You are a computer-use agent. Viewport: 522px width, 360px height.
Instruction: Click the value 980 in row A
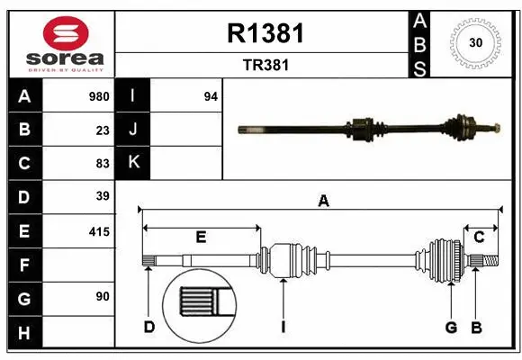99,96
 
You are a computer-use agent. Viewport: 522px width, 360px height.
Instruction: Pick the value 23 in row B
103,130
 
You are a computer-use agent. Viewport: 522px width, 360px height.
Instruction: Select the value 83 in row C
103,163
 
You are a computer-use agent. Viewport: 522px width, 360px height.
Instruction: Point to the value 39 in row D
103,196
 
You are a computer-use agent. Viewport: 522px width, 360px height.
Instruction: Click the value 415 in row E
99,231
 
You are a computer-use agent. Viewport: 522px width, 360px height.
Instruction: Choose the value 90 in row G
103,296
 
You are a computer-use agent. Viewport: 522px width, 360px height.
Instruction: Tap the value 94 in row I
211,96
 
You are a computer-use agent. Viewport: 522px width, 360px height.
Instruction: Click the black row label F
24,265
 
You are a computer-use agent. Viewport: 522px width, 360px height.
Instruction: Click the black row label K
133,163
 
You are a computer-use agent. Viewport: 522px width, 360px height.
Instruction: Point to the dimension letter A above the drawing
323,202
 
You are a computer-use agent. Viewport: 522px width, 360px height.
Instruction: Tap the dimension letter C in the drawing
479,237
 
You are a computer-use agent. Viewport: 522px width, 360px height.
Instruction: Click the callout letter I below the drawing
283,327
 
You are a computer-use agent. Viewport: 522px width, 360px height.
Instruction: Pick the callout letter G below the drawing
451,327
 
